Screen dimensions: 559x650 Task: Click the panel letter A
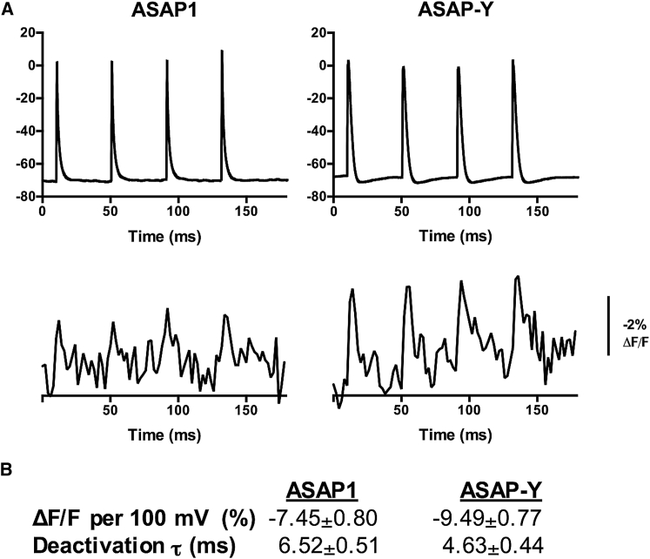pyautogui.click(x=7, y=8)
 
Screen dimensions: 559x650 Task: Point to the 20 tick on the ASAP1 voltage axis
pyautogui.click(x=25, y=32)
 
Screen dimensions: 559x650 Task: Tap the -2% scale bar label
pyautogui.click(x=626, y=311)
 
